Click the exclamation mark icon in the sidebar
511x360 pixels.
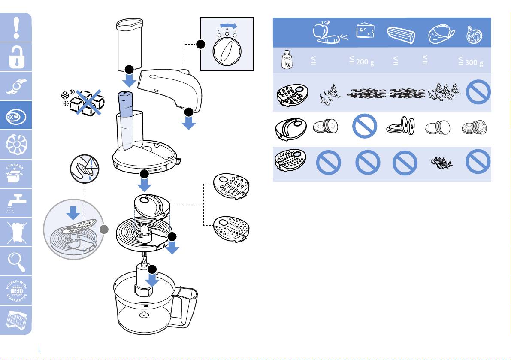click(16, 27)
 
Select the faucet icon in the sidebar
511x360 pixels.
click(16, 202)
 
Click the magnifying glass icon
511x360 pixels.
click(16, 261)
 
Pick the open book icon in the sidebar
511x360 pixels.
click(16, 320)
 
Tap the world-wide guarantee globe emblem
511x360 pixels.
click(16, 290)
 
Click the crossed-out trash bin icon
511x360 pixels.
click(16, 232)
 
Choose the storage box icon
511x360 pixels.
click(16, 173)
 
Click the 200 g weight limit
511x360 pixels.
click(362, 62)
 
